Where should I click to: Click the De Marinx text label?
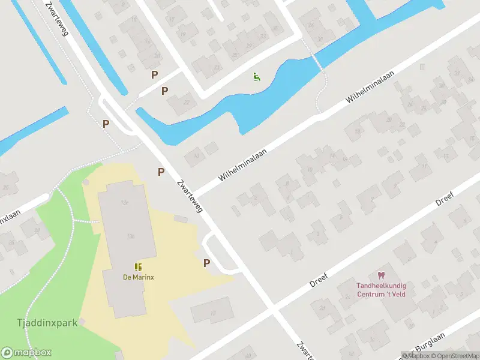click(x=138, y=277)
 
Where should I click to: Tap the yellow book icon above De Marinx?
click(x=138, y=267)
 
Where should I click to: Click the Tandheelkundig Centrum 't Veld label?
click(x=379, y=290)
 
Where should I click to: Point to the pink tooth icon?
click(x=379, y=275)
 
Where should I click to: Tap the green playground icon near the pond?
click(x=257, y=76)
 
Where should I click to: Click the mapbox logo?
click(x=26, y=352)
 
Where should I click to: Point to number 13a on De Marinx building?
click(x=125, y=203)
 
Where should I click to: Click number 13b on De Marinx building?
click(x=130, y=236)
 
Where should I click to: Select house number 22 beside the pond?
click(x=186, y=103)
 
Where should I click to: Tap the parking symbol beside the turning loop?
click(x=207, y=263)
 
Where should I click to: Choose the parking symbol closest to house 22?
click(x=164, y=91)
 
